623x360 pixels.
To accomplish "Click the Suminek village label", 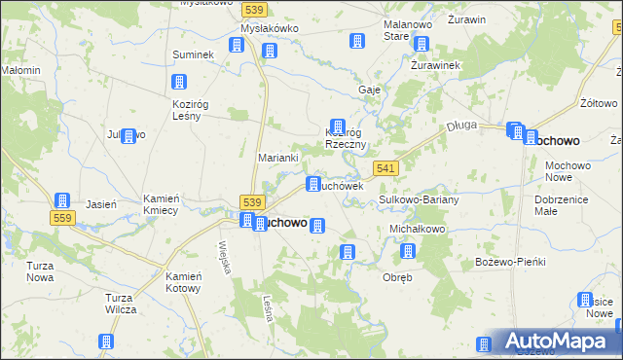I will pyautogui.click(x=193, y=54).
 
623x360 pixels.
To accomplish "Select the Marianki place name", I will pyautogui.click(x=277, y=157).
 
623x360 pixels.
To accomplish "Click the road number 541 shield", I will pyautogui.click(x=385, y=168).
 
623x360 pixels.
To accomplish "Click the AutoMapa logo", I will pyautogui.click(x=556, y=342).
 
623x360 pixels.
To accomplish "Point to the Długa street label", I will pyautogui.click(x=459, y=126).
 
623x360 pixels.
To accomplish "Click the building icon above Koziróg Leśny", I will pyautogui.click(x=179, y=83).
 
